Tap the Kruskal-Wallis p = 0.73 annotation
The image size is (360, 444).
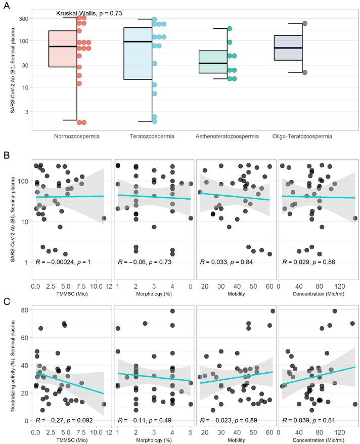point(89,13)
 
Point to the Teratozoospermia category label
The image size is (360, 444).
point(152,137)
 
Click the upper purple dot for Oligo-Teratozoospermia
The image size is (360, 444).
point(305,23)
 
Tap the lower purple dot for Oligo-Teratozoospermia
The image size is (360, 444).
point(305,72)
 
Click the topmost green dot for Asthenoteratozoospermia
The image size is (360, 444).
point(230,29)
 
